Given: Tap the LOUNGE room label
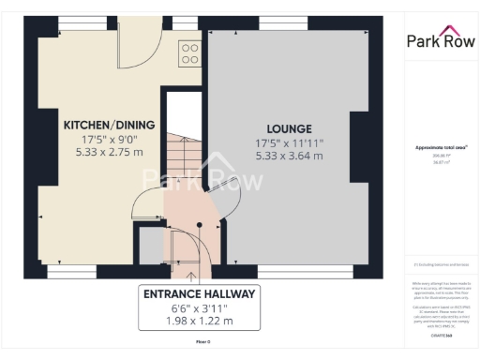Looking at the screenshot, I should [x=289, y=128].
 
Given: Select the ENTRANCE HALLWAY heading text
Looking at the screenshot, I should [x=199, y=293].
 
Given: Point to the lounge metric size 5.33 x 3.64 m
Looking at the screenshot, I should [x=289, y=156].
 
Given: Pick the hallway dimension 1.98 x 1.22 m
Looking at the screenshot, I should [x=199, y=322].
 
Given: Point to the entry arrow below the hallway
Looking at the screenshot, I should [x=192, y=276].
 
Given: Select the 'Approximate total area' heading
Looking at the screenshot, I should [x=437, y=147].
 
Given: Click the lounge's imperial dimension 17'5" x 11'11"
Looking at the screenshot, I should [x=289, y=142].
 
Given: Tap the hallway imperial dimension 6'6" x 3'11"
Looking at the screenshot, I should [x=199, y=308].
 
